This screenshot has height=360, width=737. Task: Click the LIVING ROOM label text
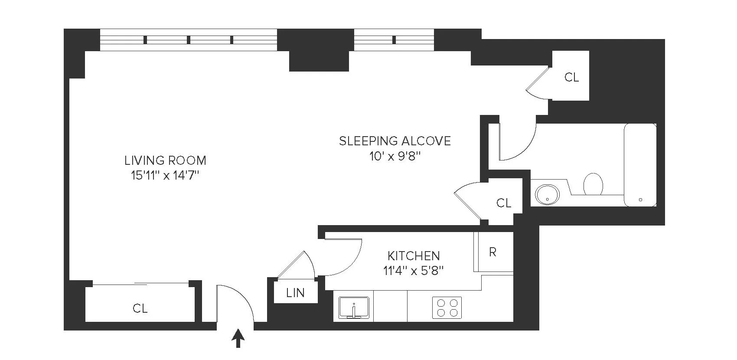coord(165,160)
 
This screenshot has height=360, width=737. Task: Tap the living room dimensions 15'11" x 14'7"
coord(165,176)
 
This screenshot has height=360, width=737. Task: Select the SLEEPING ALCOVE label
coord(395,141)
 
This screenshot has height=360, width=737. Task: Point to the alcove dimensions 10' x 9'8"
coord(395,156)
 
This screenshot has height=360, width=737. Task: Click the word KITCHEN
coord(414,255)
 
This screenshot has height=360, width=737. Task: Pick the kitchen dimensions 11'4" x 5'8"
coord(414,271)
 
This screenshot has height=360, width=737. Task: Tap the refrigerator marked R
coord(492,252)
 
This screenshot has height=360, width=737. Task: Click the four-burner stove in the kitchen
coord(447,308)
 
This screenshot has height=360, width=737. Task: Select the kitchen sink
coord(354,308)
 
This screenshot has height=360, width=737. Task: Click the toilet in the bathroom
coord(593,184)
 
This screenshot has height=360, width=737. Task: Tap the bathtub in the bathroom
coord(640,165)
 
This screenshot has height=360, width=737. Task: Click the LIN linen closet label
coord(295,293)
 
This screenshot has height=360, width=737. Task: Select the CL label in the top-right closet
coord(571,77)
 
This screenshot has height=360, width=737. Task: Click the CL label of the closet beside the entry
coord(140,308)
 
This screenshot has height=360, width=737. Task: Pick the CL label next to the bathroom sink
coord(503,203)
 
